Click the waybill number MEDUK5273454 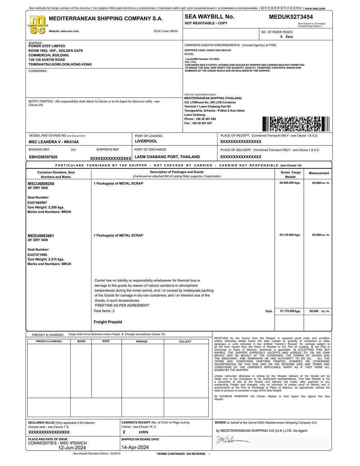click(x=291, y=17)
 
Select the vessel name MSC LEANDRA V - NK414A click(x=54, y=142)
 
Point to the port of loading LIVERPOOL click(x=146, y=142)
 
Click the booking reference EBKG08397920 click(x=43, y=157)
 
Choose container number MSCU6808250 click(x=41, y=184)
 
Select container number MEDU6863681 click(x=41, y=236)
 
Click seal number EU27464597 click(x=37, y=203)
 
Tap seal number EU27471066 click(x=37, y=255)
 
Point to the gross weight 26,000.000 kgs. click(x=290, y=183)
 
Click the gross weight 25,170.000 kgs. click(x=290, y=235)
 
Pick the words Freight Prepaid click(x=108, y=322)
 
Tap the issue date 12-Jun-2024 click(x=72, y=448)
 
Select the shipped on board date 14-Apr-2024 click(x=135, y=448)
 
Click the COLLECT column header click(x=185, y=341)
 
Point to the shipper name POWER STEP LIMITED click(x=47, y=46)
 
